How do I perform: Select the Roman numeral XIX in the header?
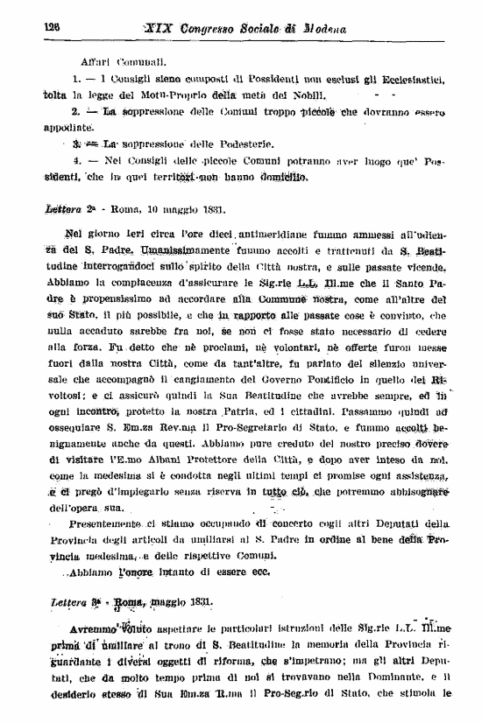(x=162, y=28)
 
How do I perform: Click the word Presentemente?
(x=99, y=523)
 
